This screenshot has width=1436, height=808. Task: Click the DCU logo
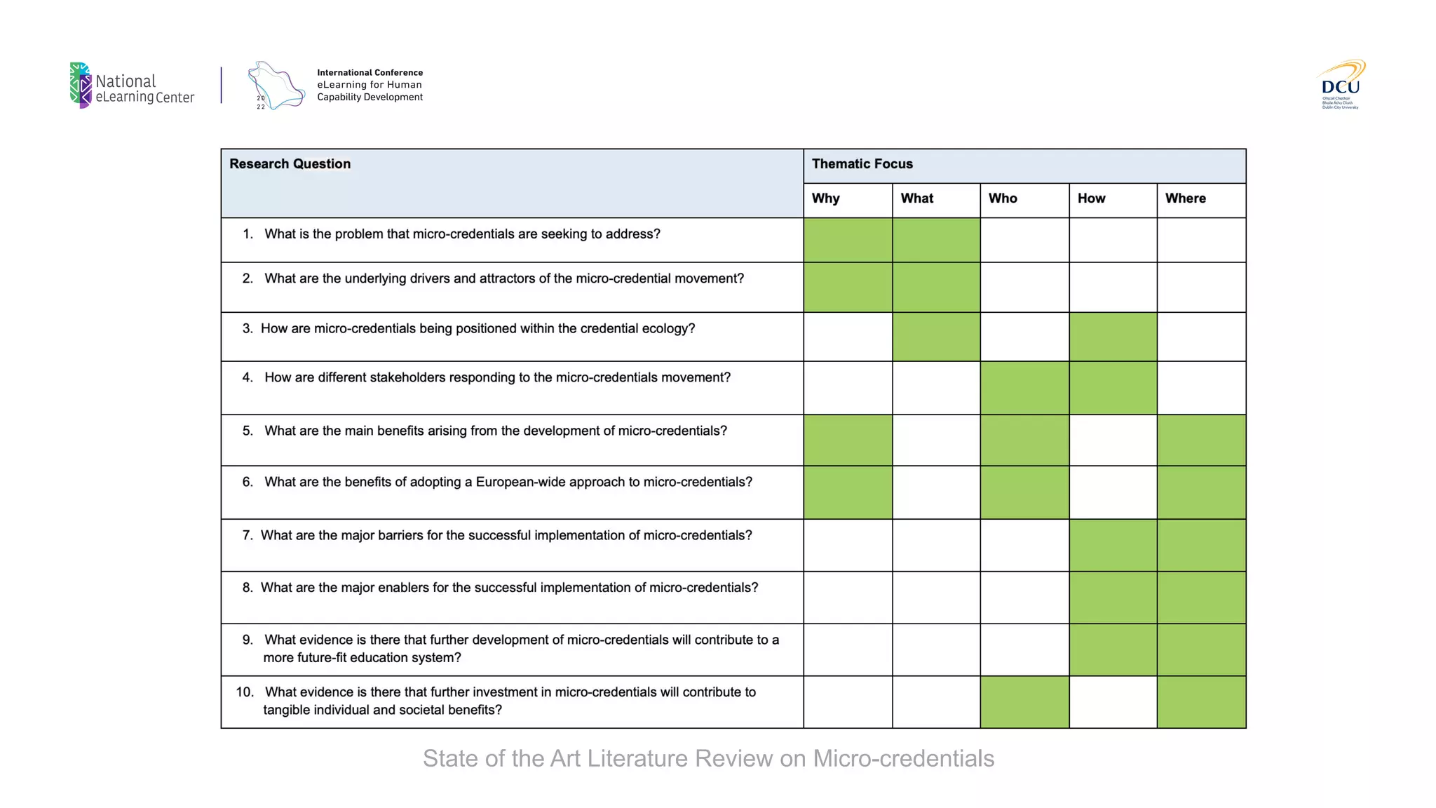click(1340, 85)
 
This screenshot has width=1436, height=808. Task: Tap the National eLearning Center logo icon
click(81, 86)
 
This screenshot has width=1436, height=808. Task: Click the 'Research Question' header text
click(290, 164)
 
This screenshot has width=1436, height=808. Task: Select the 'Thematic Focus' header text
click(862, 164)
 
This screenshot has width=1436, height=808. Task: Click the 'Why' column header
click(825, 198)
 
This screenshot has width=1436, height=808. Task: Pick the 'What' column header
click(916, 198)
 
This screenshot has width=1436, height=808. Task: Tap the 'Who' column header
click(1003, 198)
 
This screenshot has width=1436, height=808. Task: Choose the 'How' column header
click(1091, 198)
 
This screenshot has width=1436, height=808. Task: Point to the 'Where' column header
click(1185, 198)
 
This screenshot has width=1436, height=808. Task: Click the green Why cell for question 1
click(848, 240)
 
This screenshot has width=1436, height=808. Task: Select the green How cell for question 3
click(1113, 337)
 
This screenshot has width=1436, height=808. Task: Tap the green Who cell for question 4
click(1024, 388)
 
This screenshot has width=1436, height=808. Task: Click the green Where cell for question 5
click(1201, 440)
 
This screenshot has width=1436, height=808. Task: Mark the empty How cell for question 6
click(1113, 492)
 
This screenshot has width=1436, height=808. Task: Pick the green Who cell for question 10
click(1024, 702)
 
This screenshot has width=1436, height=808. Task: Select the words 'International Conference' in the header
click(370, 73)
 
